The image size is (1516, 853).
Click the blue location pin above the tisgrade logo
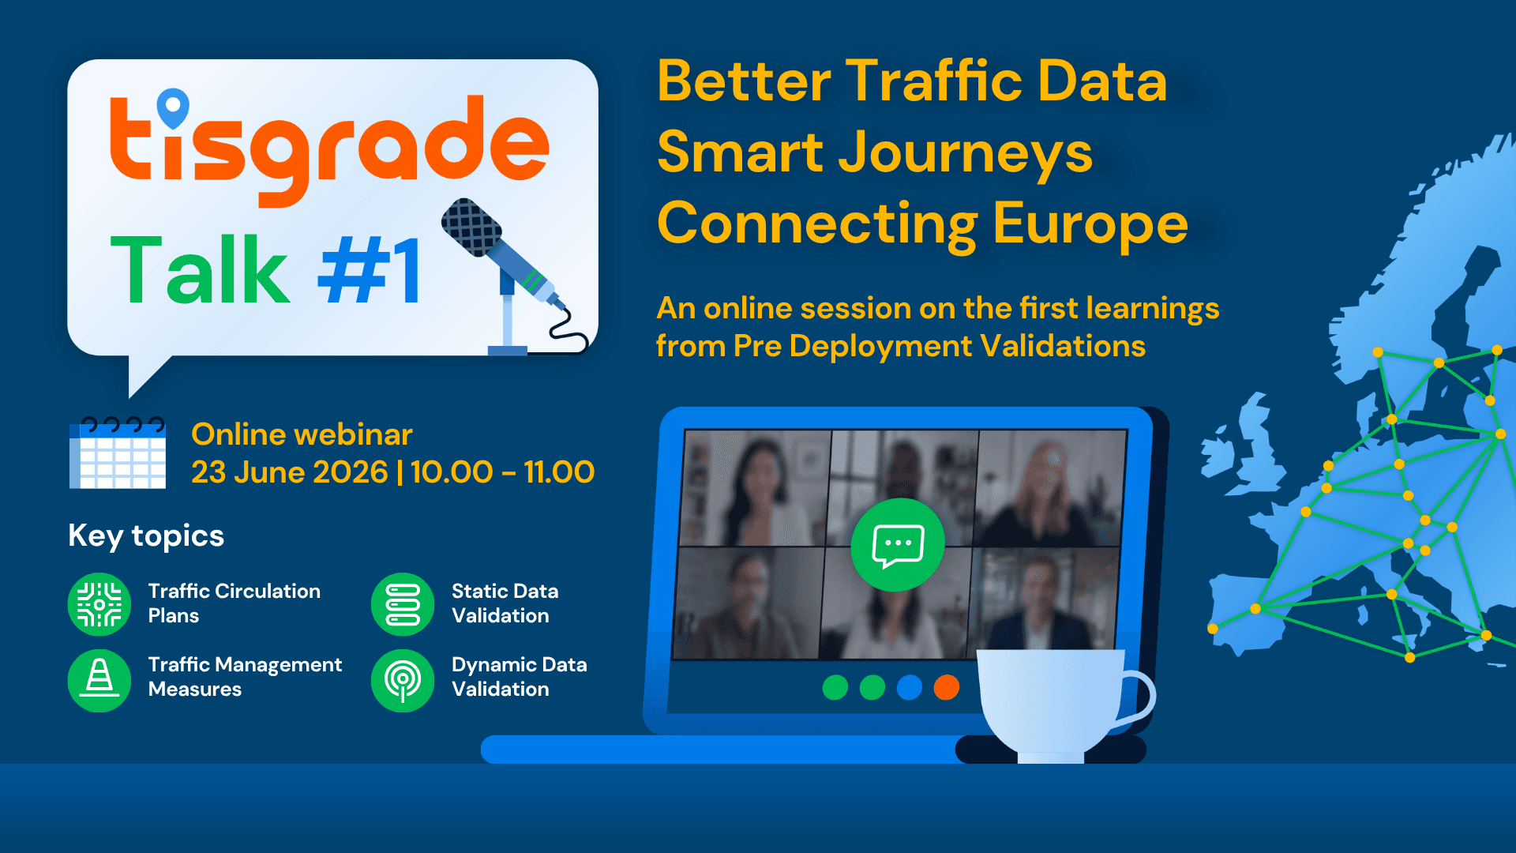point(173,107)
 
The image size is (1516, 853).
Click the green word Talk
point(200,270)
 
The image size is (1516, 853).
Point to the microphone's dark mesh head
point(471,227)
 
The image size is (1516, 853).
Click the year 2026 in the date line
point(350,472)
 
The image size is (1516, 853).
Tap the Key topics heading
point(146,535)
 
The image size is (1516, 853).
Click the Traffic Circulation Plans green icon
point(99,604)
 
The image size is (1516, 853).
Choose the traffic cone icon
point(99,680)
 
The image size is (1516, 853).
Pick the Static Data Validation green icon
point(403,604)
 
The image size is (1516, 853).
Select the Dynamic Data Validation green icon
point(403,680)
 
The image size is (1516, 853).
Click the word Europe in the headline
point(1090,224)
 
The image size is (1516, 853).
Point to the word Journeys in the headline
point(966,154)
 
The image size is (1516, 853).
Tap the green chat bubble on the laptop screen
point(898,545)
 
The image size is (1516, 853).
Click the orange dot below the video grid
point(947,687)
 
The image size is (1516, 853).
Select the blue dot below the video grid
point(910,687)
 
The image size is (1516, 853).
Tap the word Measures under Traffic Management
point(195,690)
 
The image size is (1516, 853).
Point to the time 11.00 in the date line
point(559,472)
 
